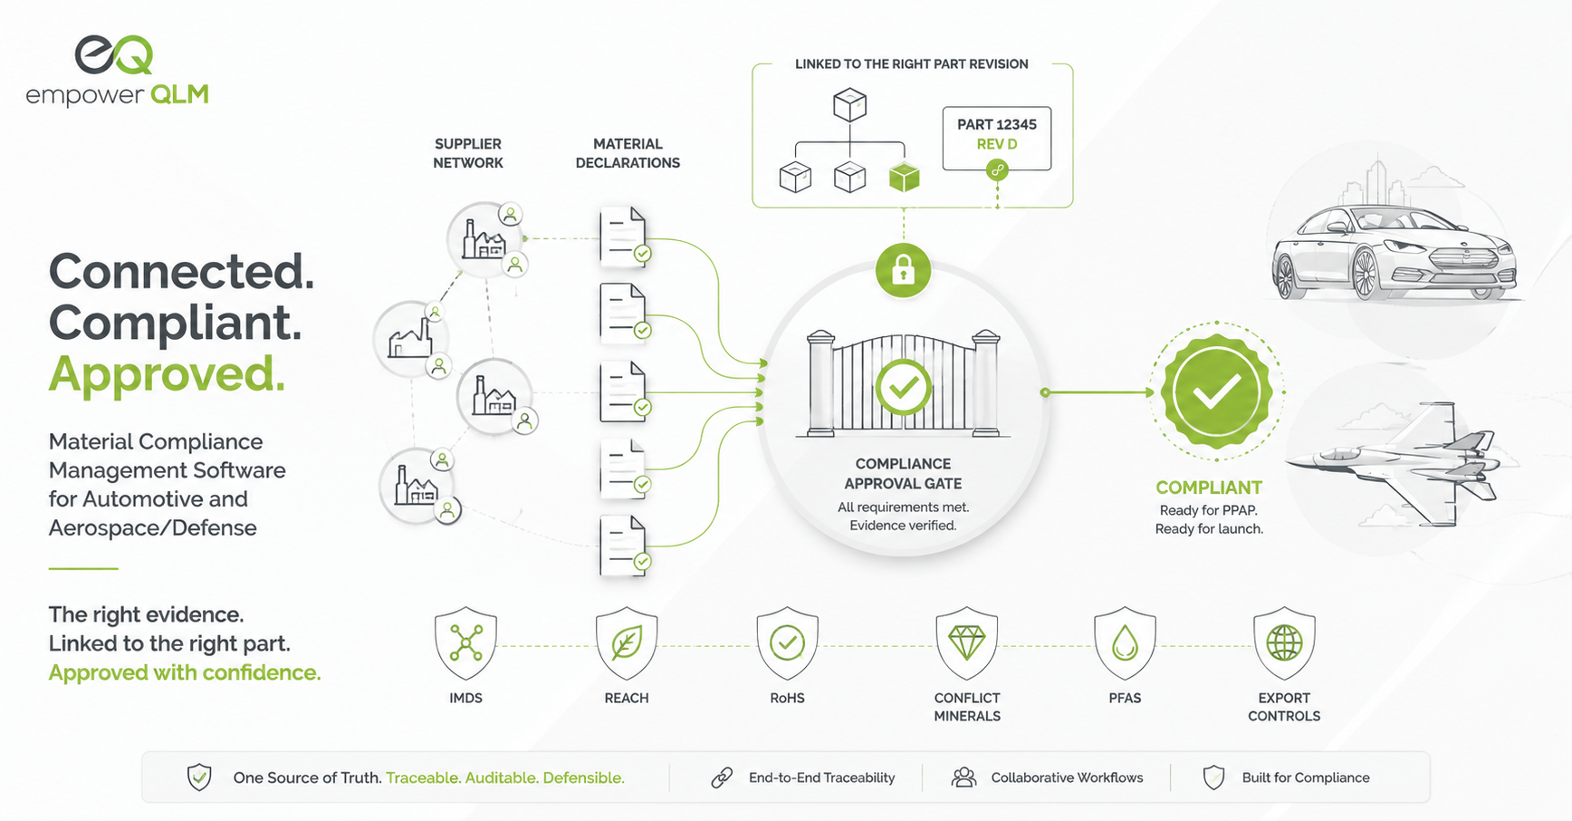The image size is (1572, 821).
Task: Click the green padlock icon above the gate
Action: click(903, 270)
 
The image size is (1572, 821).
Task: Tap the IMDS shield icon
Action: click(465, 643)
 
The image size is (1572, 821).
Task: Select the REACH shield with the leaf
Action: click(627, 643)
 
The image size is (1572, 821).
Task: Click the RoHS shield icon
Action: click(787, 643)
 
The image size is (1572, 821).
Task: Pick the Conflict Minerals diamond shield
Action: click(966, 643)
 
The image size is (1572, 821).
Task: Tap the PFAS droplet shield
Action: click(1125, 643)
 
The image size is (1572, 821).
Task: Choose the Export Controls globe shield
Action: click(1284, 643)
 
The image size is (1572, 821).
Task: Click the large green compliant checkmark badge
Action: click(1217, 391)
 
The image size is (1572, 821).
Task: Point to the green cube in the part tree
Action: click(904, 177)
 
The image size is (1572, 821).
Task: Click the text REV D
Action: click(997, 144)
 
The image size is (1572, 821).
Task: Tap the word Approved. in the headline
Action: click(167, 373)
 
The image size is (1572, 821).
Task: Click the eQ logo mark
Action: click(114, 54)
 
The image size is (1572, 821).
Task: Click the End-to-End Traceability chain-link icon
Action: click(722, 778)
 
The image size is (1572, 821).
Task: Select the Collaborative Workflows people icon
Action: click(964, 778)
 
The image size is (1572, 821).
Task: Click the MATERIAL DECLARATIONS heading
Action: click(628, 153)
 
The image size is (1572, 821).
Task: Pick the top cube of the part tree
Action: click(849, 105)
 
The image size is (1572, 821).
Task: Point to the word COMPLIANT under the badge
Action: click(1209, 488)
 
